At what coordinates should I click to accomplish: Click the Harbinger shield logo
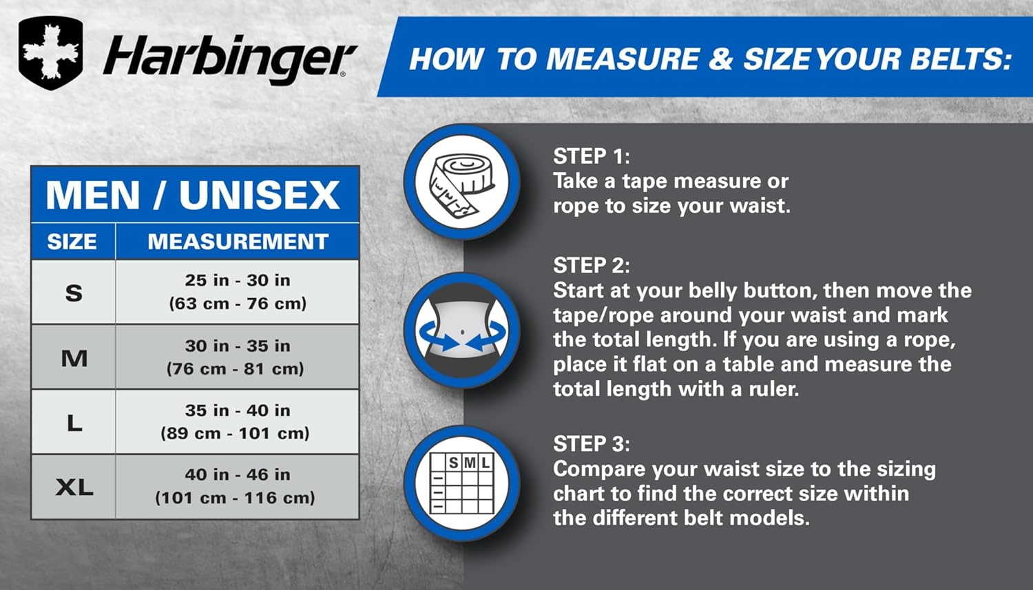(x=51, y=53)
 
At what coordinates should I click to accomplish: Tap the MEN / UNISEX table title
(x=193, y=195)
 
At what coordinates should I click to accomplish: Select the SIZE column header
(x=72, y=242)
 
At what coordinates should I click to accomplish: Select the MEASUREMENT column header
(x=238, y=242)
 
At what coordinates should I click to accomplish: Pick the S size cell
(x=74, y=293)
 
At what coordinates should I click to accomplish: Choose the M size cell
(x=74, y=358)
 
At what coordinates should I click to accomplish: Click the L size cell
(x=74, y=423)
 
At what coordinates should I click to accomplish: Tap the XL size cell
(x=74, y=487)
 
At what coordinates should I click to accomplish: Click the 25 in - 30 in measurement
(x=238, y=280)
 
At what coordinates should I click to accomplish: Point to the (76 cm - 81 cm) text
(x=236, y=369)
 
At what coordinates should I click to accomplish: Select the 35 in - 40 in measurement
(x=238, y=410)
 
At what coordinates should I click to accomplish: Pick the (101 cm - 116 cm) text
(x=236, y=498)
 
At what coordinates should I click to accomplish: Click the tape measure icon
(x=461, y=182)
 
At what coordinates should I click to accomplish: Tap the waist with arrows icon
(x=461, y=331)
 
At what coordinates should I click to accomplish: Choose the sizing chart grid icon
(x=461, y=483)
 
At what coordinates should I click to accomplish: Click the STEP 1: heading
(x=591, y=156)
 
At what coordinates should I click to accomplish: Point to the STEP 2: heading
(x=591, y=265)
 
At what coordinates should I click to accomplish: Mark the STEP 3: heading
(x=591, y=444)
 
